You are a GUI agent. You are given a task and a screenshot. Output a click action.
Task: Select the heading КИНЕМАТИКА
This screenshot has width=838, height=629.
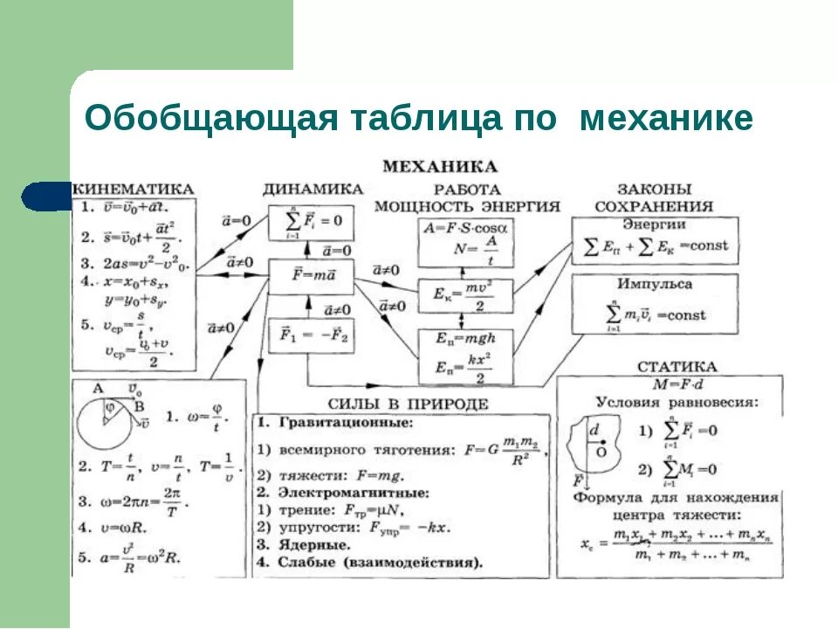(133, 189)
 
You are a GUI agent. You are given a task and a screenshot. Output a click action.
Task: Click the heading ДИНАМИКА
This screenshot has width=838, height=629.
(313, 189)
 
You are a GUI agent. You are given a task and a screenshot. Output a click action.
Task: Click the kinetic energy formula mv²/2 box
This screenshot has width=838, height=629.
(465, 295)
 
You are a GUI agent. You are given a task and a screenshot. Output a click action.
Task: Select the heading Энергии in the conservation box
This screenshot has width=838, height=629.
(652, 225)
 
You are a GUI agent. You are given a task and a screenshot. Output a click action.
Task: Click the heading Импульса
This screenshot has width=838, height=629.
(654, 284)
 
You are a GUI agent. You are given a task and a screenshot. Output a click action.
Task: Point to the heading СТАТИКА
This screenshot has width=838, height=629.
(677, 367)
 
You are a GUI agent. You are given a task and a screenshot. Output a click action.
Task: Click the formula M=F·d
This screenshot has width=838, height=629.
(677, 384)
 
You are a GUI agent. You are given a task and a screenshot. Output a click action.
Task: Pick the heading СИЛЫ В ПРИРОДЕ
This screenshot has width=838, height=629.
(408, 404)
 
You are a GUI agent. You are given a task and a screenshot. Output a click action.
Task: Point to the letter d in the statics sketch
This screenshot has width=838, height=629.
(594, 431)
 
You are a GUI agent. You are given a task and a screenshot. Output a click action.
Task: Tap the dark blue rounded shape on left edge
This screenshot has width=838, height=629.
(45, 196)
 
